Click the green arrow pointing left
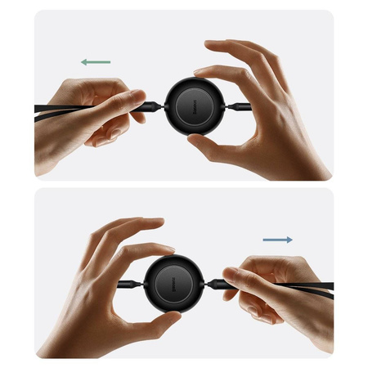(96, 61)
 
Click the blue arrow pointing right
(278, 240)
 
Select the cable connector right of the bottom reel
(214, 284)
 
